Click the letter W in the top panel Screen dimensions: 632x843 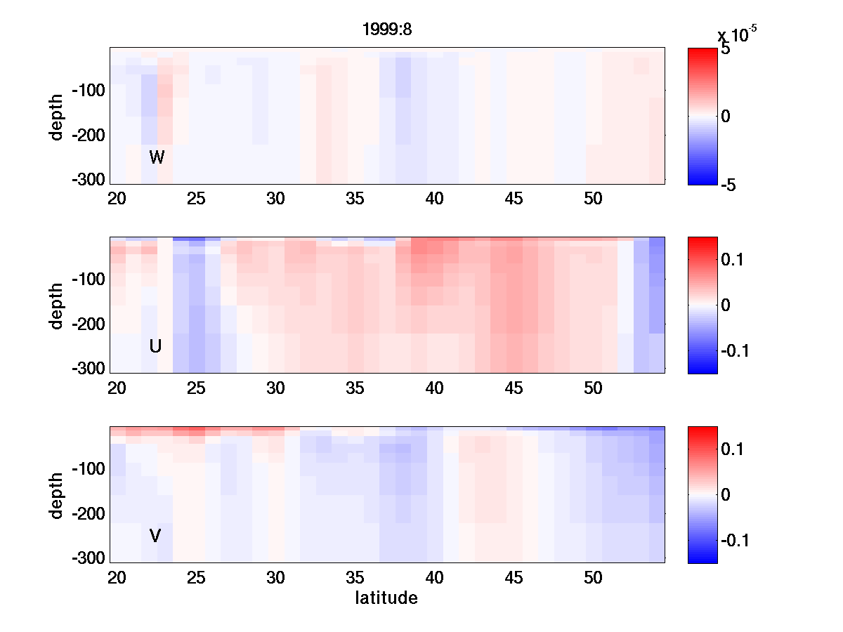(157, 157)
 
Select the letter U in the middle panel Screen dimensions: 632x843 (156, 346)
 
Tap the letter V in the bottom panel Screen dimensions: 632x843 (156, 536)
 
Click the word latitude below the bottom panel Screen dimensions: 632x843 (386, 598)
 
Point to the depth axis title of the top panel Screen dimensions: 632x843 (57, 116)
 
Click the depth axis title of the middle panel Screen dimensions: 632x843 (57, 305)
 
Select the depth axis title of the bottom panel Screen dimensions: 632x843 (57, 495)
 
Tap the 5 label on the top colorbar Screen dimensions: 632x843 (726, 50)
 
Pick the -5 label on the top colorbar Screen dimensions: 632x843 (730, 184)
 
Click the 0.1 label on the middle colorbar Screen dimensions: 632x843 (734, 260)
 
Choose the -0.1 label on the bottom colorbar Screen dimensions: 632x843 (736, 540)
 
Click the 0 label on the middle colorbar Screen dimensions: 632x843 (726, 305)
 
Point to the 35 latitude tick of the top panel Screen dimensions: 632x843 (355, 199)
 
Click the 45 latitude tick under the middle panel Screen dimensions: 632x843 (514, 388)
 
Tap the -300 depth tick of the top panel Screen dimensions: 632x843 (88, 180)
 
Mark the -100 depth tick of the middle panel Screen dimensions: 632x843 (88, 280)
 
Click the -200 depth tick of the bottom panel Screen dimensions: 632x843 (88, 514)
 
